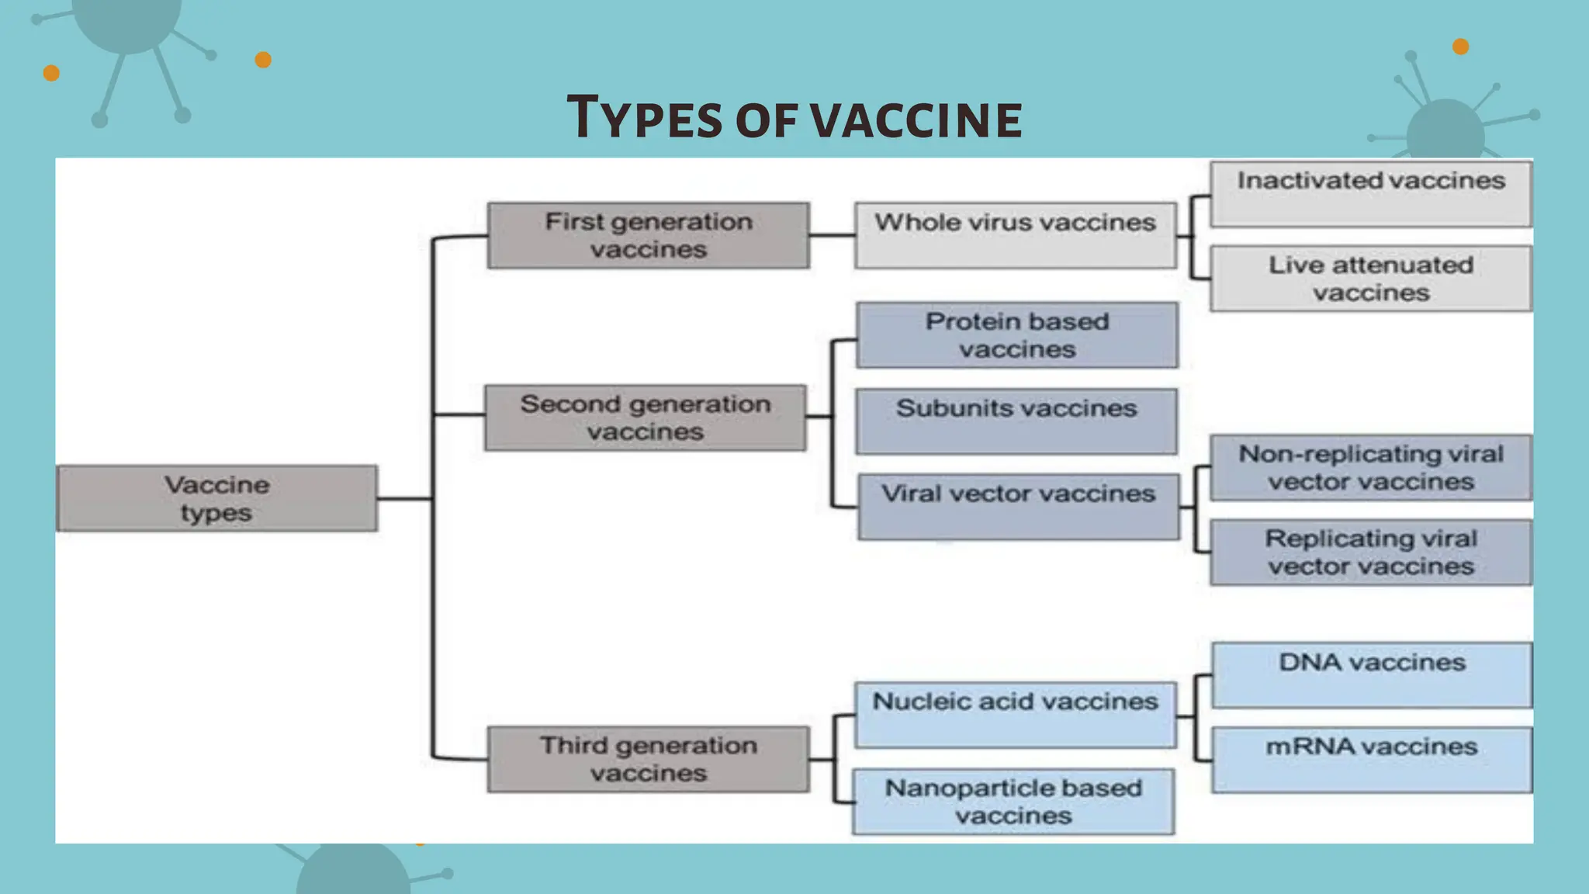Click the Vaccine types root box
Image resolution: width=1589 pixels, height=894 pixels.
[217, 498]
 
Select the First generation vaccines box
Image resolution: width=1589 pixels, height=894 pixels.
[649, 235]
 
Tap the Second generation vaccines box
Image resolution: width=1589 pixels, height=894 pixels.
[646, 418]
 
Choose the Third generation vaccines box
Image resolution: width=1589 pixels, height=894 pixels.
[649, 759]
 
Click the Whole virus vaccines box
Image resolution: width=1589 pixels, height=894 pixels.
[1016, 235]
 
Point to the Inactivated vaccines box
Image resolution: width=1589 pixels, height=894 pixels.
[1371, 193]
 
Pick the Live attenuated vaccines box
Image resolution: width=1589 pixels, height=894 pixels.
[1371, 279]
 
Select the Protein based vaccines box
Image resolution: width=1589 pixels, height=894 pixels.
[1017, 335]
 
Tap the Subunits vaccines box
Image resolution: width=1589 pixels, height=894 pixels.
[1016, 421]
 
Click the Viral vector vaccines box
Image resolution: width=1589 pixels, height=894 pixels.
[1019, 506]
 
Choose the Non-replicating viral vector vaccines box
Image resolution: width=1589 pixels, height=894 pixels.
[1371, 467]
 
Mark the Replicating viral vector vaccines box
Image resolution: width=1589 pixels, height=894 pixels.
[1371, 553]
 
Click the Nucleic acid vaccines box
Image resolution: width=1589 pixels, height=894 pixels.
[1016, 714]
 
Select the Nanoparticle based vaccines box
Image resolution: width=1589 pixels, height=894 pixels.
[1013, 802]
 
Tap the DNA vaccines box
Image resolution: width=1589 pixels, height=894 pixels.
[1372, 674]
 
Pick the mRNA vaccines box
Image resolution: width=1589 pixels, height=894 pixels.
[1372, 759]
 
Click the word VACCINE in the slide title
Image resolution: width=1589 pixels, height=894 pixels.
[916, 120]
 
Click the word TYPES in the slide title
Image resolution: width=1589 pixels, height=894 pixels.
[645, 118]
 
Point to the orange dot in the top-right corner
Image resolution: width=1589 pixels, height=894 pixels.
[1460, 47]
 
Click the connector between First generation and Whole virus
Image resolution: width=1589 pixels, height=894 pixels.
[832, 235]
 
